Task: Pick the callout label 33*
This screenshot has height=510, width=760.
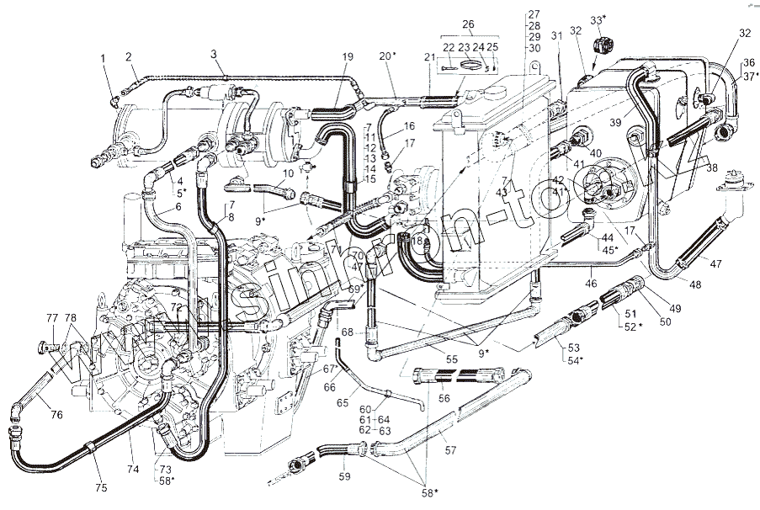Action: pyautogui.click(x=597, y=19)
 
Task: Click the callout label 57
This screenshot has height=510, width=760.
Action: pyautogui.click(x=450, y=451)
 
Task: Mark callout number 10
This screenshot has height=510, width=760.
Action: pyautogui.click(x=287, y=173)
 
